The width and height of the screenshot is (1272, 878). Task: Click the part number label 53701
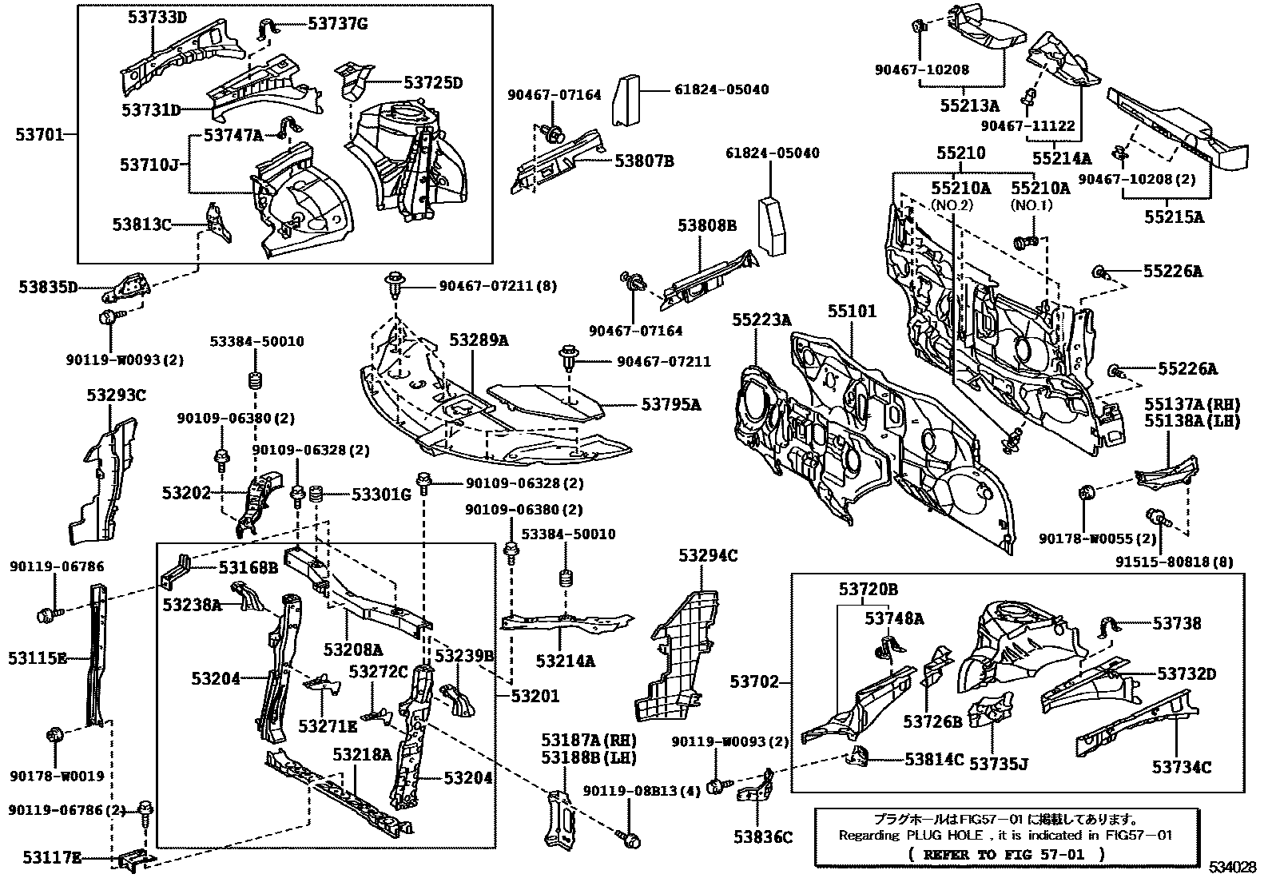click(39, 134)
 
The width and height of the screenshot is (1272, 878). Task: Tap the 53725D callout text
click(433, 82)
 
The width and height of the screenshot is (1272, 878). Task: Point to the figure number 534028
click(1237, 868)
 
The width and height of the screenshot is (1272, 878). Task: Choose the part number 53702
click(753, 682)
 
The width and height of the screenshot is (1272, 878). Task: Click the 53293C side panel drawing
click(103, 479)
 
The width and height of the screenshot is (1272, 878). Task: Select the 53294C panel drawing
click(677, 655)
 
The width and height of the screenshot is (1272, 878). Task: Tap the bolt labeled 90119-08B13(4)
click(630, 839)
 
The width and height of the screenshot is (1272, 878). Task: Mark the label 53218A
click(362, 753)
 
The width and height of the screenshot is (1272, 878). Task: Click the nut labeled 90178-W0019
click(57, 736)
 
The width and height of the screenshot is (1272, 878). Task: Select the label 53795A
click(670, 405)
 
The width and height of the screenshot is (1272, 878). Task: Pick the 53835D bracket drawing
click(129, 285)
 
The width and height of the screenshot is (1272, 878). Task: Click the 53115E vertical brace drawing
click(97, 655)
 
